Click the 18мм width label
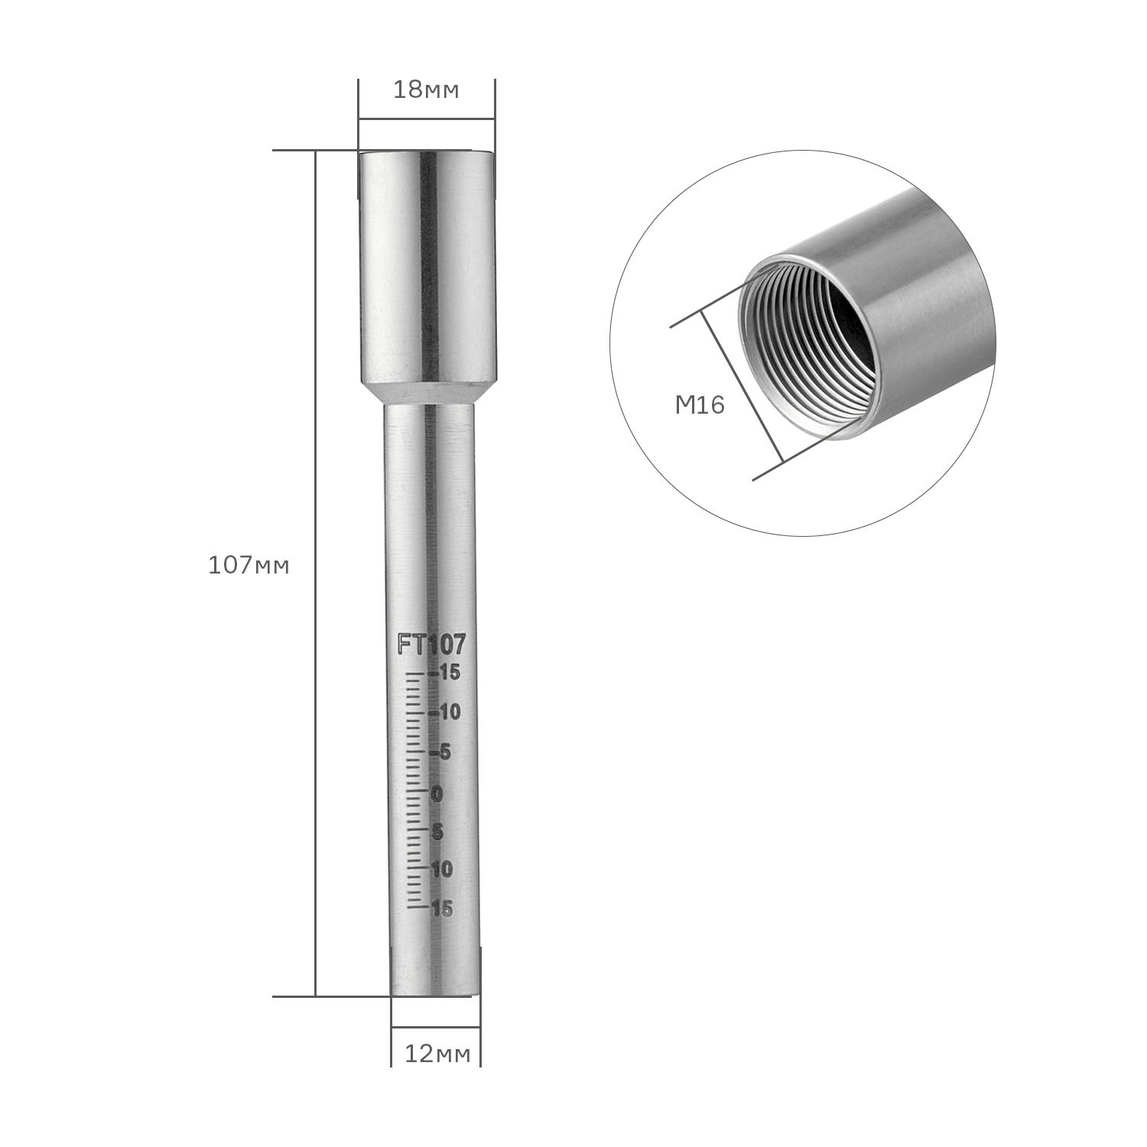click(426, 90)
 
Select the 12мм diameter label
click(437, 1054)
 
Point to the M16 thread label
click(700, 405)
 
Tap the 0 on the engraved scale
click(437, 794)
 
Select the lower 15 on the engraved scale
click(442, 908)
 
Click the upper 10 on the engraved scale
click(448, 713)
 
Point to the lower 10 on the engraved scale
click(442, 869)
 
